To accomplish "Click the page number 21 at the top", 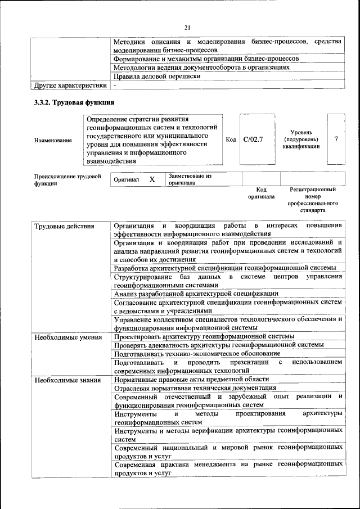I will click(187, 28).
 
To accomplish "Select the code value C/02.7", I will click(253, 139).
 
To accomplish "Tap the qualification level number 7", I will click(336, 139).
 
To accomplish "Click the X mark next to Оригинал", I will click(152, 179).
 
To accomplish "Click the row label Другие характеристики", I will click(70, 85).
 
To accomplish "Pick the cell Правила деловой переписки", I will click(157, 76).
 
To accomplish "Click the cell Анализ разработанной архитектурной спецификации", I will click(196, 293).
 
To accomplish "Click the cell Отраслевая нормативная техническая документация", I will click(195, 388).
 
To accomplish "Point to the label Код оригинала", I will click(261, 193).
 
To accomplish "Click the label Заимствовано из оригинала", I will click(189, 179).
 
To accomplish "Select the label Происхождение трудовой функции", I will click(67, 179).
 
